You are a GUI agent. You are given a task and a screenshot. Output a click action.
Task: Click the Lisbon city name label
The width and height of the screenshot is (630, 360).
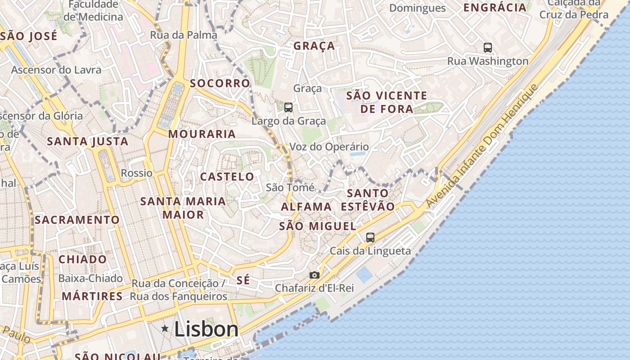[x=206, y=329]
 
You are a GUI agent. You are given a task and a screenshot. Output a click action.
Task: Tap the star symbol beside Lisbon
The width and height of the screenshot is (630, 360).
[x=165, y=329]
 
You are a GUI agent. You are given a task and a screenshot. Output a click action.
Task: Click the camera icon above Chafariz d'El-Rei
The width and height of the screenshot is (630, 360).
[x=315, y=275]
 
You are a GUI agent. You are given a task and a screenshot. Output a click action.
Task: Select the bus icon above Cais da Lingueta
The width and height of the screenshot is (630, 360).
[x=370, y=237]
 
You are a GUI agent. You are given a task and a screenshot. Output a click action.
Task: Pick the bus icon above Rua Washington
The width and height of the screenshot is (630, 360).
[x=488, y=47]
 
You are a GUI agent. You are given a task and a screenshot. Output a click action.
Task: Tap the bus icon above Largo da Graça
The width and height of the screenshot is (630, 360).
[x=288, y=108]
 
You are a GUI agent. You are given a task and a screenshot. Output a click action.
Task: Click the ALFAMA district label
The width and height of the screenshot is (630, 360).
[x=306, y=207]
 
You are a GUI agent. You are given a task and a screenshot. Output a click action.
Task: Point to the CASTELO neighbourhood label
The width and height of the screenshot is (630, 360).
[x=227, y=176]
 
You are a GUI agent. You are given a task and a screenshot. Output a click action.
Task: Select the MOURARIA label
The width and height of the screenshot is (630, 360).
[x=202, y=134]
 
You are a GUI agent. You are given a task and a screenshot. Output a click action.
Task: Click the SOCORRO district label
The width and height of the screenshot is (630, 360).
[x=220, y=83]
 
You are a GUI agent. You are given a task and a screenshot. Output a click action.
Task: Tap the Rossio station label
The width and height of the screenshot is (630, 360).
[x=137, y=173]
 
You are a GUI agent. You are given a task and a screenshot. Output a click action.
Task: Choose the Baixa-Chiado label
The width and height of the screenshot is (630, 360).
[x=90, y=278]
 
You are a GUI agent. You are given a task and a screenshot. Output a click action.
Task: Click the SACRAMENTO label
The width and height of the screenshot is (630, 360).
[x=77, y=220]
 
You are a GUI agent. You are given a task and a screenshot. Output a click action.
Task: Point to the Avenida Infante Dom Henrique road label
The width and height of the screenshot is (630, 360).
[x=481, y=146]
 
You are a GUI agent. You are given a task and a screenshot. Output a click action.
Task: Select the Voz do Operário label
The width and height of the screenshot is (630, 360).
[x=329, y=147]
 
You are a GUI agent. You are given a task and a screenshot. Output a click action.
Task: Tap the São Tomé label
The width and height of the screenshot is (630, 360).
[x=290, y=187]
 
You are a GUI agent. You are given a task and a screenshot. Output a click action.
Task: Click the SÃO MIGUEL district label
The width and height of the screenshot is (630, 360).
[x=318, y=226]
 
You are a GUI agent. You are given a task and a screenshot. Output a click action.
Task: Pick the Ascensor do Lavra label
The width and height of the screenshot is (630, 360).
[x=56, y=70]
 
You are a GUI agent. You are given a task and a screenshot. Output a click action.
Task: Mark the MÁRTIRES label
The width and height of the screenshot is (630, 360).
[x=92, y=296]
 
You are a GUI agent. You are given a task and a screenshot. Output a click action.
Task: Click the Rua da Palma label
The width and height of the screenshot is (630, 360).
[x=184, y=35]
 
